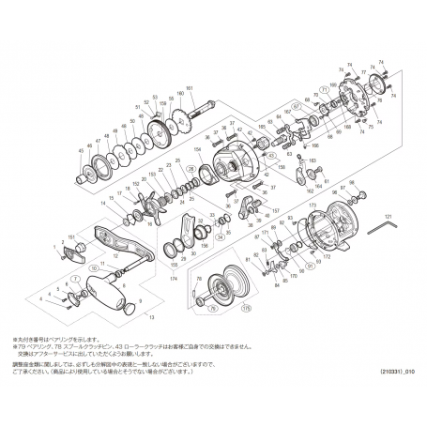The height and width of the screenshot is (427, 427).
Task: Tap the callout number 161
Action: pyautogui.click(x=189, y=87)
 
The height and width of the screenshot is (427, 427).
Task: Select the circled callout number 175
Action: pyautogui.click(x=245, y=307)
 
